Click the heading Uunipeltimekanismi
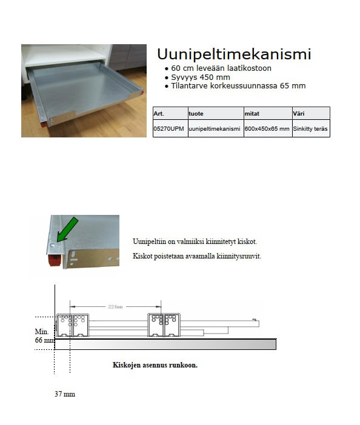pyautogui.click(x=233, y=54)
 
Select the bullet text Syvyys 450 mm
pyautogui.click(x=200, y=77)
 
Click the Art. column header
pyautogui.click(x=159, y=113)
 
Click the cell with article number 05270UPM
pyautogui.click(x=169, y=129)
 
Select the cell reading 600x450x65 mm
pyautogui.click(x=267, y=129)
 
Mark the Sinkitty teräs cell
pyautogui.click(x=310, y=129)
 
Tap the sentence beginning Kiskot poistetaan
pyautogui.click(x=196, y=256)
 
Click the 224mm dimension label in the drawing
pyautogui.click(x=115, y=306)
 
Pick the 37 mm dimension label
pyautogui.click(x=64, y=394)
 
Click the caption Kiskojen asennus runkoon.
pyautogui.click(x=155, y=365)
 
